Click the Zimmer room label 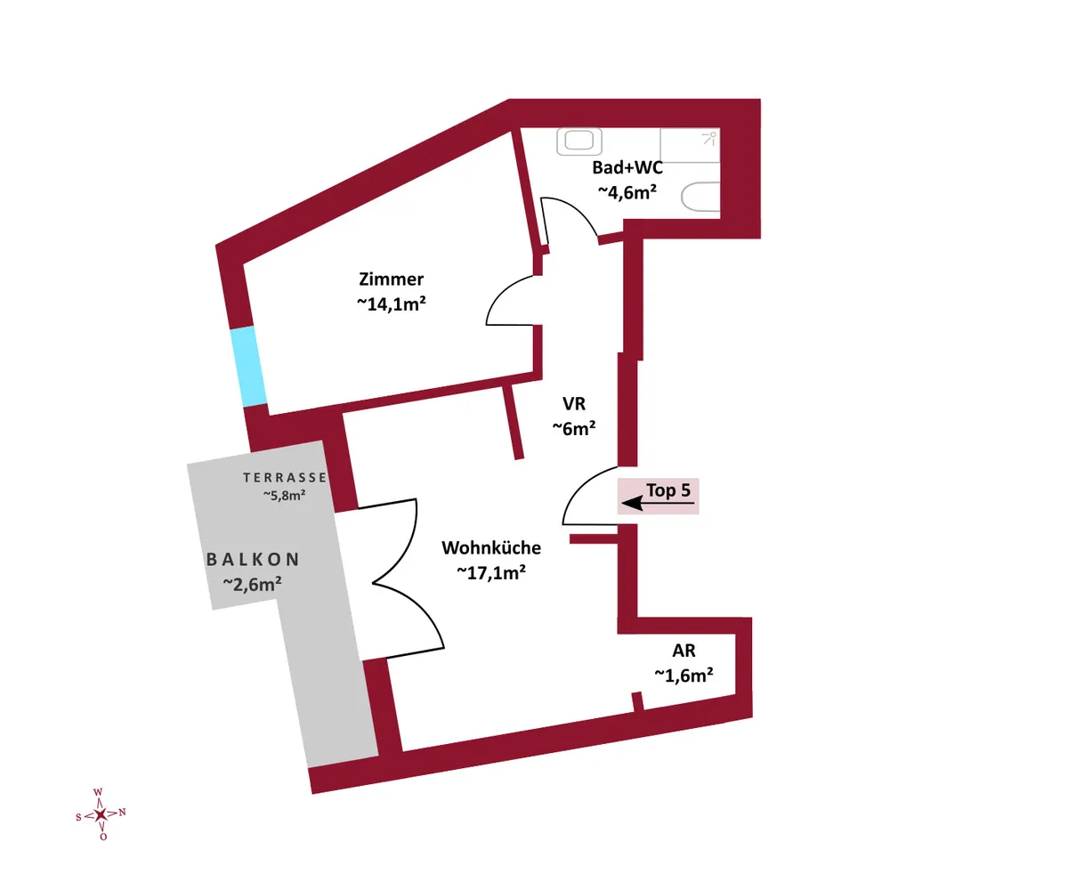coord(392,279)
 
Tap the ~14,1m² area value coord(392,303)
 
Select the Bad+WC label coord(627,167)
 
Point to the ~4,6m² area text coord(627,192)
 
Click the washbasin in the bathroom coord(579,141)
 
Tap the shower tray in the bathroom coord(690,145)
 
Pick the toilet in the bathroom coord(700,197)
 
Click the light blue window coord(248,366)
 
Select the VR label coord(574,403)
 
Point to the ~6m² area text coord(574,428)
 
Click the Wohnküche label coord(491,548)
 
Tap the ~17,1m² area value coord(491,572)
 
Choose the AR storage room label coord(684,651)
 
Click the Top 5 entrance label coord(668,490)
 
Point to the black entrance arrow coord(658,504)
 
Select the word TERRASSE coord(285,478)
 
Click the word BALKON coord(253,560)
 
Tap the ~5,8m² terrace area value coord(285,495)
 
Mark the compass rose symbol coord(101,814)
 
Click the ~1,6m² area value coord(684,676)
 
